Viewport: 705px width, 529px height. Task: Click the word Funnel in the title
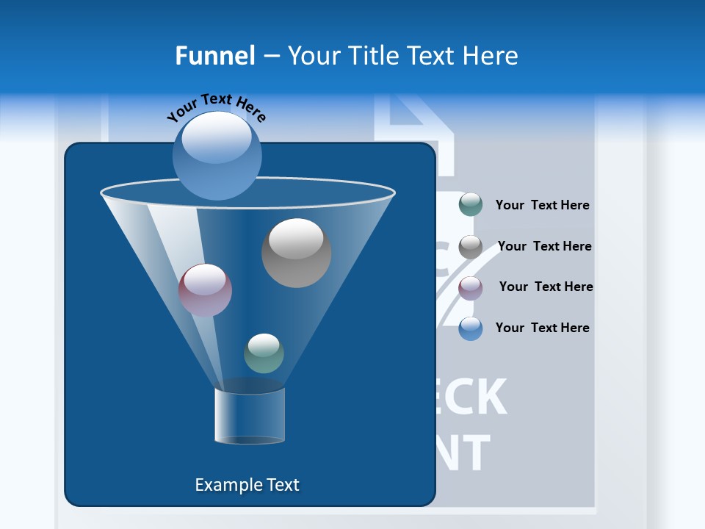pos(214,56)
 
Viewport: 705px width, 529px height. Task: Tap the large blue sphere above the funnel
pos(217,155)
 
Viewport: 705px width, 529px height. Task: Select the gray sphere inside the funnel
pos(296,253)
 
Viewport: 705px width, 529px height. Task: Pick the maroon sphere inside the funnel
pos(205,290)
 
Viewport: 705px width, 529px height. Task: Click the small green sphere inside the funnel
pos(264,353)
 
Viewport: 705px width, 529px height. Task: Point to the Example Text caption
pos(247,485)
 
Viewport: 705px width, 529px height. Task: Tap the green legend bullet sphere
pos(471,205)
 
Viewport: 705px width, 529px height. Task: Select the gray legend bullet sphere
pos(471,247)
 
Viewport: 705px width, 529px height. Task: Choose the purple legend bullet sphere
pos(471,288)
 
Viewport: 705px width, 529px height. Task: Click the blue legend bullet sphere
pos(471,328)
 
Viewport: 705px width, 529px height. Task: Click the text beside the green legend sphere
pos(542,205)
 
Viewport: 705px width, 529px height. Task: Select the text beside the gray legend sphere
pos(544,246)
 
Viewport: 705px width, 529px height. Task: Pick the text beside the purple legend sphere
pos(546,287)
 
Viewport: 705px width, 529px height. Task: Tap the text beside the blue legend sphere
pos(542,328)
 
